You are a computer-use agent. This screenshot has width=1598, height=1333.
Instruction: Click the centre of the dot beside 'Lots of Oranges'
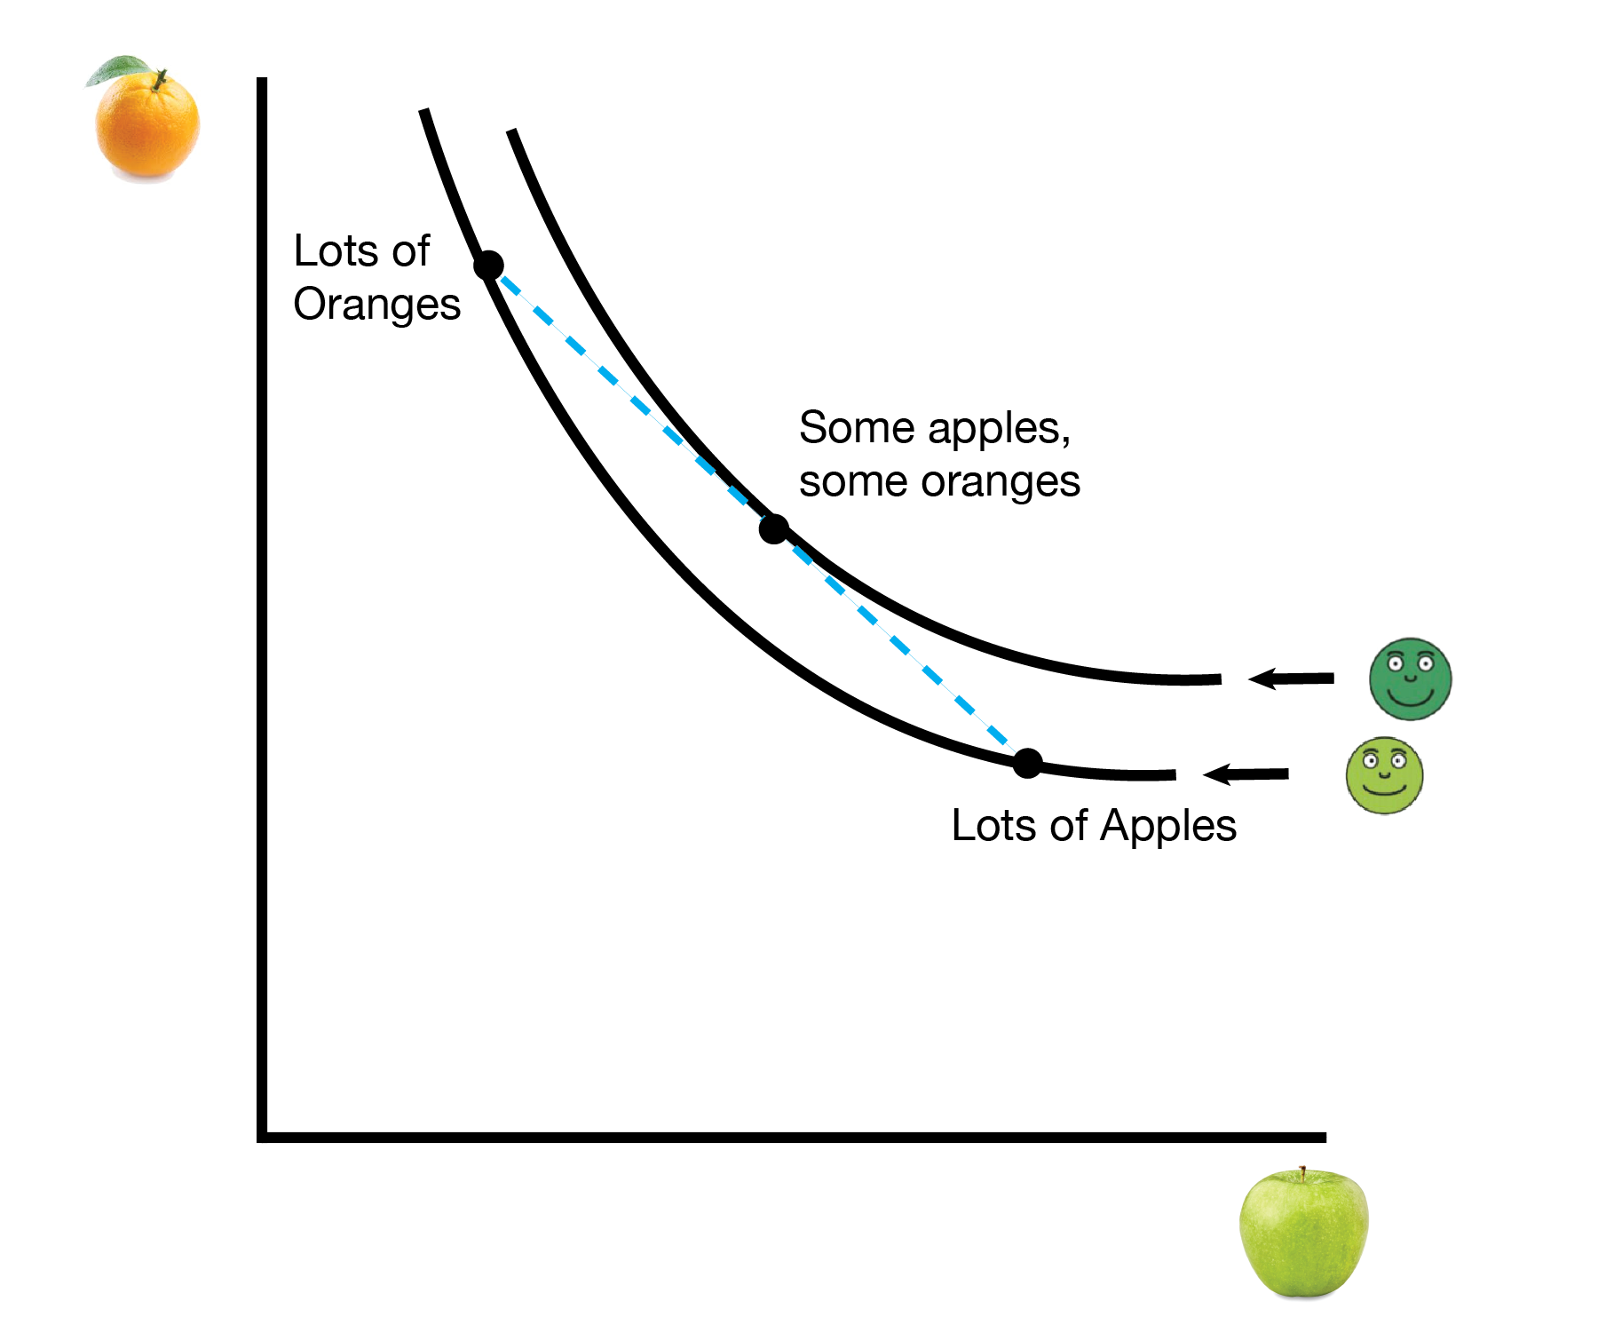click(x=488, y=265)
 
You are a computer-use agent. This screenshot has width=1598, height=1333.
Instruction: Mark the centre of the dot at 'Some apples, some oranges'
click(x=774, y=529)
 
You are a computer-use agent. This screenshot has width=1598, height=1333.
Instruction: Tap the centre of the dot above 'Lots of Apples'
click(x=1027, y=763)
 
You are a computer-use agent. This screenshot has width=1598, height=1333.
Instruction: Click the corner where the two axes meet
click(x=262, y=1137)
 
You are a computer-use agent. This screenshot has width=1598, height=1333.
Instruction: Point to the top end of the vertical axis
click(x=262, y=78)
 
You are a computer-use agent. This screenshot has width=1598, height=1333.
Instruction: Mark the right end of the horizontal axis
click(x=1325, y=1137)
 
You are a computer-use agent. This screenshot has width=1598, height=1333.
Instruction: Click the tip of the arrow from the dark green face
click(x=1248, y=679)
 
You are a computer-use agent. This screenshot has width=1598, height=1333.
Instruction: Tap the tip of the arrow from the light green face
click(x=1203, y=774)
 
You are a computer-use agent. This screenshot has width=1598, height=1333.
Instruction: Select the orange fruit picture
click(x=146, y=120)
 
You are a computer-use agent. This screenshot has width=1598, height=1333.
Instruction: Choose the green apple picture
click(x=1303, y=1233)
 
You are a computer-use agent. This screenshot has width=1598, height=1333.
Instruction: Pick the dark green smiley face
click(x=1410, y=679)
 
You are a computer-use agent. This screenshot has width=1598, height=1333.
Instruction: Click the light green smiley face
click(x=1384, y=775)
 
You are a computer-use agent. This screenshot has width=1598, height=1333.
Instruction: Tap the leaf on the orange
click(x=120, y=69)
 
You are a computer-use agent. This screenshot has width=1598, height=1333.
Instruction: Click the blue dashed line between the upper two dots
click(x=631, y=397)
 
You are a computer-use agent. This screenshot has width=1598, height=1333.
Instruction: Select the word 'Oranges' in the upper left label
click(x=376, y=305)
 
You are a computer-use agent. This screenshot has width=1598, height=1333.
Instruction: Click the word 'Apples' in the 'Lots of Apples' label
click(x=1168, y=827)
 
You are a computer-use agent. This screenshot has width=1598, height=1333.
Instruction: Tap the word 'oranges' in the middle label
click(x=1001, y=482)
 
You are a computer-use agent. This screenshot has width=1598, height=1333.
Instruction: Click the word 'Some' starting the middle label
click(x=857, y=427)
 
